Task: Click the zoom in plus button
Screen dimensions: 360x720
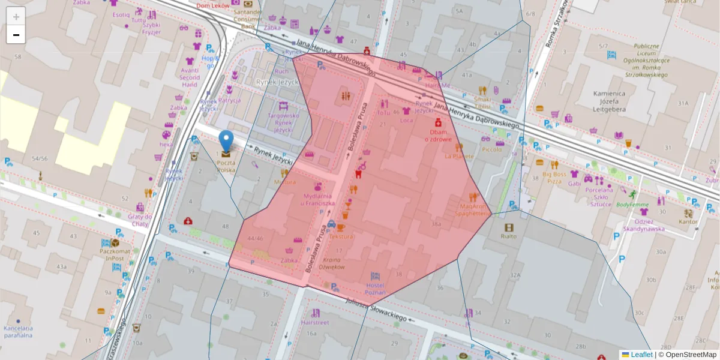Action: pos(16,17)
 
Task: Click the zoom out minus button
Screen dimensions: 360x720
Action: pos(16,35)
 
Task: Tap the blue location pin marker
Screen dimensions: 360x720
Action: pos(226,142)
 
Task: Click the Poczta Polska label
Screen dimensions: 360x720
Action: pos(226,166)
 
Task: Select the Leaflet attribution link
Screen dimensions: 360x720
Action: pos(641,355)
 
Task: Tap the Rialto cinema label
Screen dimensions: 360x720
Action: pos(509,236)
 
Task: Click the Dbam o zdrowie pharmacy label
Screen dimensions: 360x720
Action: pos(438,135)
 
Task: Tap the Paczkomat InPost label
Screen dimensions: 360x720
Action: pos(112,254)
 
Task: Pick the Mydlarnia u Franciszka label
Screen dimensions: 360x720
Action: pos(318,199)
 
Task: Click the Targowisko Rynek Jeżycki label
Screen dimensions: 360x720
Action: pos(283,122)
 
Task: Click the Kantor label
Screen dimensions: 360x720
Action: pos(688,221)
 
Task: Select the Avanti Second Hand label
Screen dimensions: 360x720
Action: pos(190,77)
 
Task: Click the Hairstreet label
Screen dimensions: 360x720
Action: pos(316,322)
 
